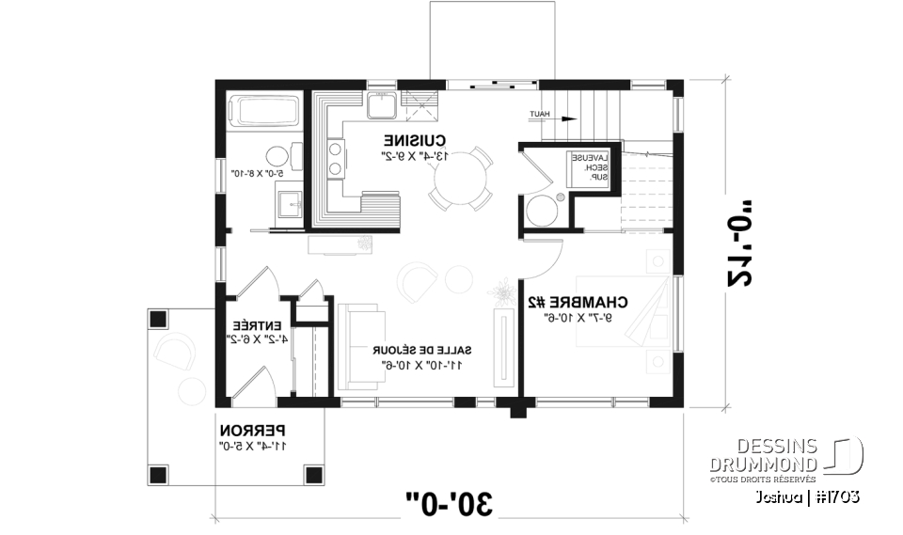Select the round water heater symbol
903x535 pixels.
coord(542,211)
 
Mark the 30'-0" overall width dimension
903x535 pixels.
coord(450,502)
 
